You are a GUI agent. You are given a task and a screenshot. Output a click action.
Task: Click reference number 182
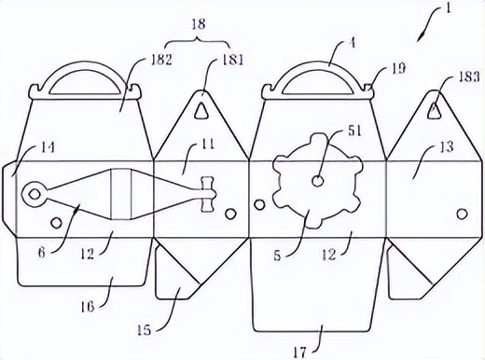(160, 60)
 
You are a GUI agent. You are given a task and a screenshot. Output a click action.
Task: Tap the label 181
(232, 60)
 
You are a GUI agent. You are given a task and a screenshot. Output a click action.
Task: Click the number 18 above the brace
(199, 23)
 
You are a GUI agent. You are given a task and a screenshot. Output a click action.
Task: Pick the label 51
(354, 132)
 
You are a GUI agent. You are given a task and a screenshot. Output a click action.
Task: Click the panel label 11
(207, 145)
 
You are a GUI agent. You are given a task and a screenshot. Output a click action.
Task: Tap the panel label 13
(447, 146)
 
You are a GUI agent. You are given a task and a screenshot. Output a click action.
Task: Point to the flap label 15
(144, 329)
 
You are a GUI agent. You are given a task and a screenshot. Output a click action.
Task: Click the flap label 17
(299, 353)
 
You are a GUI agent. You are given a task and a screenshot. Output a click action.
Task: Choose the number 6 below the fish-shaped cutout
(42, 253)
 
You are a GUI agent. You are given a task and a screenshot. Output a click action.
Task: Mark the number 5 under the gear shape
(277, 256)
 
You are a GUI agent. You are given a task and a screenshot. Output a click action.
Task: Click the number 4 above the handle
(351, 44)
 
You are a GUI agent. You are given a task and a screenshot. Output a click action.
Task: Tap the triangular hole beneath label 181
(201, 110)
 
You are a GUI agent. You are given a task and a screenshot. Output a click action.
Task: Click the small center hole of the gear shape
(317, 181)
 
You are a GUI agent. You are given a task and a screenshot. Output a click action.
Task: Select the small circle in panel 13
(462, 214)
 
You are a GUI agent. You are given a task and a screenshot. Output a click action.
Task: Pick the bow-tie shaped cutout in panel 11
(208, 195)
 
